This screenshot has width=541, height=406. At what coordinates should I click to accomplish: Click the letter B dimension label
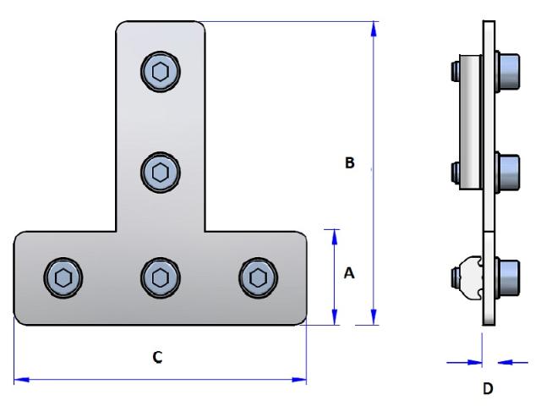348,163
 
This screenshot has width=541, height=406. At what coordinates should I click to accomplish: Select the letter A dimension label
348,273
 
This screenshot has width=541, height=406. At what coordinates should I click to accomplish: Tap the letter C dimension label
157,357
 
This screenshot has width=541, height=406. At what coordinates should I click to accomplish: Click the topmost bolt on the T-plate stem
159,71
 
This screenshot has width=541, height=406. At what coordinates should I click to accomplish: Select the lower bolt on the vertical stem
159,173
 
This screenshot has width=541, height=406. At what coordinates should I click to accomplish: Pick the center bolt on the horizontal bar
159,276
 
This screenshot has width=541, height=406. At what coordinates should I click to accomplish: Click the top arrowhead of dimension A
336,234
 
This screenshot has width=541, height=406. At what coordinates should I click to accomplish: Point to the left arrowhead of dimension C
21,380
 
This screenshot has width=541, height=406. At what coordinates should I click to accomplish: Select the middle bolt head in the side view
507,172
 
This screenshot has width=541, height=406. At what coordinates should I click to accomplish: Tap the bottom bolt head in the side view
507,277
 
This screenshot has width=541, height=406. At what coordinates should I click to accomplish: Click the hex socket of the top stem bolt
159,71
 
